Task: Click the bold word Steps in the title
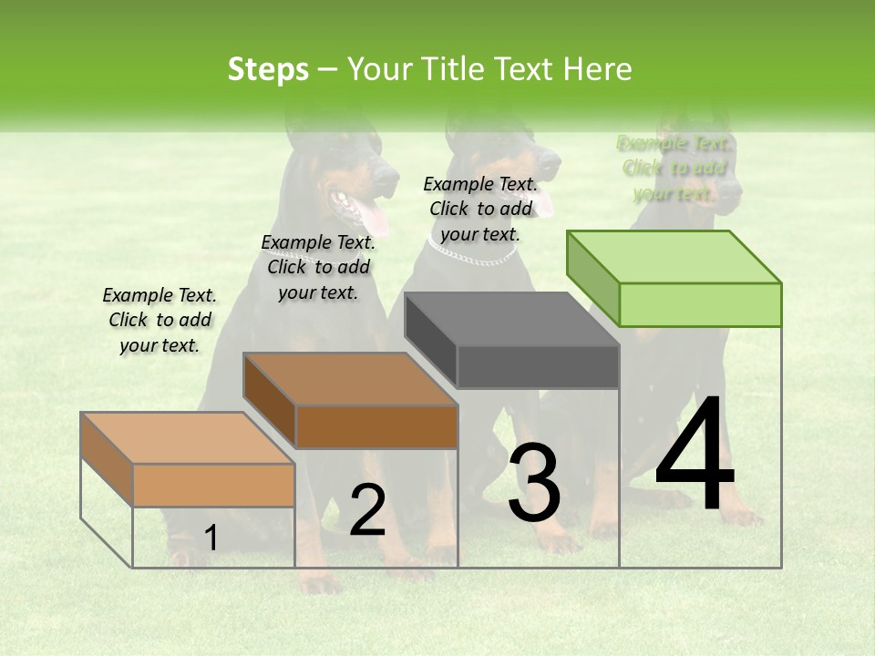pos(267,69)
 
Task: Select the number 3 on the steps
pos(534,483)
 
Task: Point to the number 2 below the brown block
pos(367,510)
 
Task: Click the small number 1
pos(211,538)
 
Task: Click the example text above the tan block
pos(160,320)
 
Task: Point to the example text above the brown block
pos(318,267)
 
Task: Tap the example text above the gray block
pos(480,209)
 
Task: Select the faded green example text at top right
pos(674,169)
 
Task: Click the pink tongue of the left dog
pos(374,217)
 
